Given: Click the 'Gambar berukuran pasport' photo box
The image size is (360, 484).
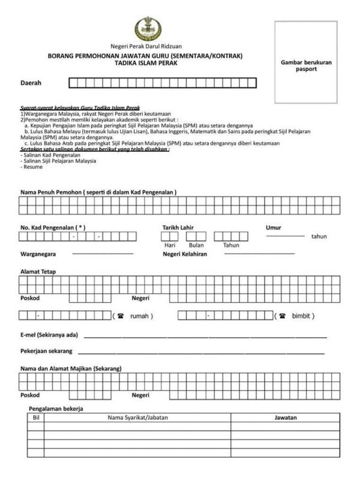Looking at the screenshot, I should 306,62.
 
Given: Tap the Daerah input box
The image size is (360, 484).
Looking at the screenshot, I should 163,83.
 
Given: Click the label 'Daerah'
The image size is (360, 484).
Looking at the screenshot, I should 31,83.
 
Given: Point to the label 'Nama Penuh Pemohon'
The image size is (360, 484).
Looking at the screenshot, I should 98,192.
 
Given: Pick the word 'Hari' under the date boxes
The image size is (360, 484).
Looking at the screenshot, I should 170,245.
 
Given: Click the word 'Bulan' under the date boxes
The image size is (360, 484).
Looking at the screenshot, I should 196,245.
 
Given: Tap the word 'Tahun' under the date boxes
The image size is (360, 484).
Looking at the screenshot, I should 231,245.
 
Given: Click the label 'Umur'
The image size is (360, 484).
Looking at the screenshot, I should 274,228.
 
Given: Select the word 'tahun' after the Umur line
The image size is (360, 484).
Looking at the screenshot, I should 319,237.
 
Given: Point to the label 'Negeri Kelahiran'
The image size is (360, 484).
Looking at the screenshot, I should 185,254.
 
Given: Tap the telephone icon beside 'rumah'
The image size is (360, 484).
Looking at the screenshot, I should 121,316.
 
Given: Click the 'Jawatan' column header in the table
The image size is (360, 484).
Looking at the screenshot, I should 285,417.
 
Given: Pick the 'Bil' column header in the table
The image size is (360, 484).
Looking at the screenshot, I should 35,417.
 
